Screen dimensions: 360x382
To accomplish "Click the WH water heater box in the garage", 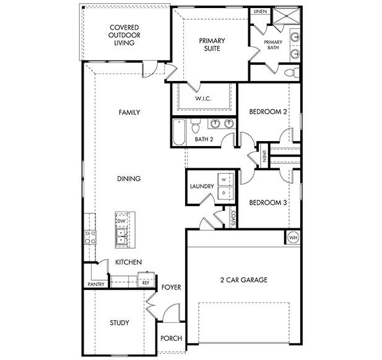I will click(x=292, y=237).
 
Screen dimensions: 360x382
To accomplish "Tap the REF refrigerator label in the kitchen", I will click(x=146, y=281).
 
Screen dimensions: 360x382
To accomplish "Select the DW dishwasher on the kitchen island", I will click(x=121, y=221).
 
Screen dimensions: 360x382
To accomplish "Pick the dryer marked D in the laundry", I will click(x=225, y=194).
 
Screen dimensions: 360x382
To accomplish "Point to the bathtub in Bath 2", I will click(x=179, y=131).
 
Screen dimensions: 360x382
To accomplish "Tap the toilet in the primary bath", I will click(x=290, y=73).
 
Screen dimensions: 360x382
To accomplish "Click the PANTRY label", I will click(x=95, y=285).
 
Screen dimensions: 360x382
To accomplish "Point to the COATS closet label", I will click(x=233, y=218).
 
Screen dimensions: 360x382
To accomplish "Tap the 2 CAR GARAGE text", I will click(x=243, y=280).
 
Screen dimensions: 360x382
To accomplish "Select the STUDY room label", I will click(x=119, y=322).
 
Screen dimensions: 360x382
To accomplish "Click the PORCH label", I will click(x=170, y=338).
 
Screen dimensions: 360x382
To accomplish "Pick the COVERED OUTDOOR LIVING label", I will click(x=123, y=35).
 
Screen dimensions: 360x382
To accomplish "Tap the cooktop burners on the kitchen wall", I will click(x=90, y=237).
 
